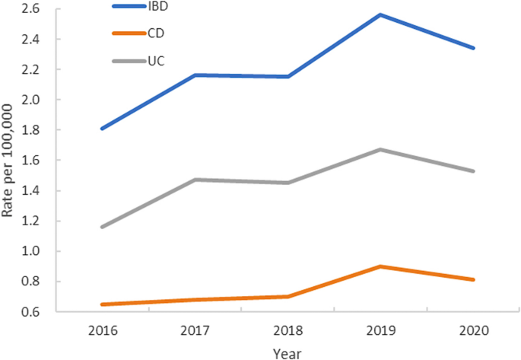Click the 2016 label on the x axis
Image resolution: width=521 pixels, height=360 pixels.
click(x=101, y=332)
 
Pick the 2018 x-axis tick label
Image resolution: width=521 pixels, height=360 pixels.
click(x=287, y=332)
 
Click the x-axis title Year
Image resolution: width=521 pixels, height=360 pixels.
click(x=288, y=352)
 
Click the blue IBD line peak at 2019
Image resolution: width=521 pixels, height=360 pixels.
click(x=380, y=14)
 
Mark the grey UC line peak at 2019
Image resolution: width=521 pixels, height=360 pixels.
click(x=380, y=149)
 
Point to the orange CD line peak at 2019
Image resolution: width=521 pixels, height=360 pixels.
click(x=380, y=266)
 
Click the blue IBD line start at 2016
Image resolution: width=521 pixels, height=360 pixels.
click(x=101, y=129)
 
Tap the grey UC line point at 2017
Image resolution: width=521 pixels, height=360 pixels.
click(x=195, y=180)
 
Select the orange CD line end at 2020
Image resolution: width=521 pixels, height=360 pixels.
click(x=474, y=279)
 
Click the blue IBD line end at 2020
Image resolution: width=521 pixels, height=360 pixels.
click(x=474, y=48)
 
